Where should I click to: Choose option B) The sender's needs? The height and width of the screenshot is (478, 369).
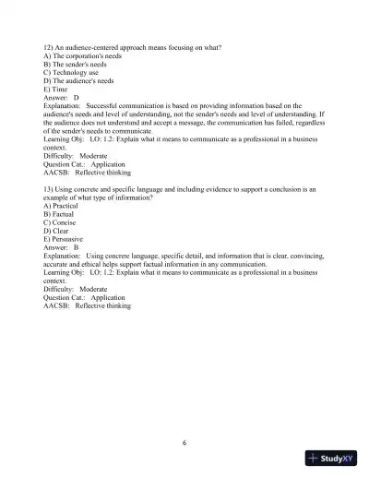tap(76, 65)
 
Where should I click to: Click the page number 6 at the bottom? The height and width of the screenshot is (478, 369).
tap(184, 442)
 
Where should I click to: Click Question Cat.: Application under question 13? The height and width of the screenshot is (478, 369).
tap(84, 298)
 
